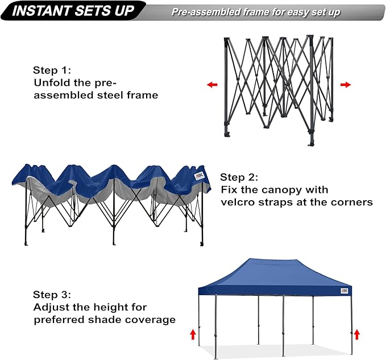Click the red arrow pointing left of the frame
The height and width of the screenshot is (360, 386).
pyautogui.click(x=212, y=85)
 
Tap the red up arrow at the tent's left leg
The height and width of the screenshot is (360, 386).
pyautogui.click(x=193, y=334)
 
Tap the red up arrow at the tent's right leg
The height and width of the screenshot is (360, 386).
pyautogui.click(x=356, y=334)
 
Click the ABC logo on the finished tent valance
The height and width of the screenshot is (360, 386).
pyautogui.click(x=345, y=291)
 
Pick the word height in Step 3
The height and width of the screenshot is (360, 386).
pyautogui.click(x=100, y=307)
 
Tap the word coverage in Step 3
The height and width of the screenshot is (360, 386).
pyautogui.click(x=148, y=320)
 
